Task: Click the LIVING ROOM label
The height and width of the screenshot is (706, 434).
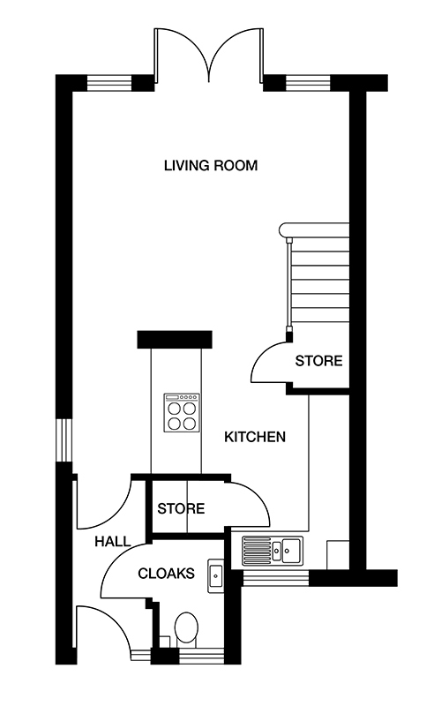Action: coord(211,165)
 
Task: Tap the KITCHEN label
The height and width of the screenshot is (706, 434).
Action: coord(255,437)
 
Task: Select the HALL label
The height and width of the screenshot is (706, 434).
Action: coord(113,541)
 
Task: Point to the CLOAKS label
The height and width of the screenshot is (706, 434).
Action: coord(166,573)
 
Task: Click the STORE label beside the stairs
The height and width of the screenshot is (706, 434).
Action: coord(318,361)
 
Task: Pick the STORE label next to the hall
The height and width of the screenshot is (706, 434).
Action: coord(181,509)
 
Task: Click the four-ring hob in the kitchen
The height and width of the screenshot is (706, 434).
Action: coord(182,412)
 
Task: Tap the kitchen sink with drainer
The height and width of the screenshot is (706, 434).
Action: coord(273,549)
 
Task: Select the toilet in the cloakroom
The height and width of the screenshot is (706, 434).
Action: coord(186,628)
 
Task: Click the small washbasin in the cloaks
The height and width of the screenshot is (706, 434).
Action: coord(215,575)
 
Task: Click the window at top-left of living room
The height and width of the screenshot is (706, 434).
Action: coord(109,83)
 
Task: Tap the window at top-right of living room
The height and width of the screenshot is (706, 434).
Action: coord(308,83)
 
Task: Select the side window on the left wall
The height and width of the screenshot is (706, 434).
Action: coord(64,439)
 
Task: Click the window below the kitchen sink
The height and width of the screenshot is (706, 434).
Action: coord(275,578)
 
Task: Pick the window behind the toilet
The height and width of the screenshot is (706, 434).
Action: coord(201,656)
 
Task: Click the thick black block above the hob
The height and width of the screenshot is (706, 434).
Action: coord(175,339)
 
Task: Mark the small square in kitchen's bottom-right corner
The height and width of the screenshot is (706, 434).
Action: coord(338,555)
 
